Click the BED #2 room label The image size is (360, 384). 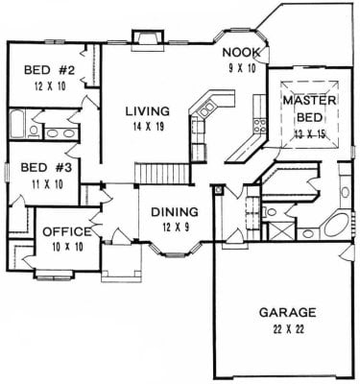click(x=50, y=70)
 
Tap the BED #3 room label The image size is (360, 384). click(x=46, y=167)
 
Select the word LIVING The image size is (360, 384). click(x=147, y=111)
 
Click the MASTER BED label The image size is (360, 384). click(x=309, y=108)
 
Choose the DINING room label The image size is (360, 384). click(x=175, y=212)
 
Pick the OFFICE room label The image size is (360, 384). click(x=67, y=232)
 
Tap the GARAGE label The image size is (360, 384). click(x=288, y=312)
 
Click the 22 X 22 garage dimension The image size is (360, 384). click(x=288, y=329)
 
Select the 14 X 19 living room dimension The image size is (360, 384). click(x=148, y=127)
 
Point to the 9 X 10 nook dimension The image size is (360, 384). click(x=242, y=68)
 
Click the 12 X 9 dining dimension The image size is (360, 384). click(x=176, y=227)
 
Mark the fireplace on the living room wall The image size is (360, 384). click(x=148, y=40)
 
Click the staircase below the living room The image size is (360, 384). click(x=161, y=174)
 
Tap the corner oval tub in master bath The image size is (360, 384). click(x=337, y=227)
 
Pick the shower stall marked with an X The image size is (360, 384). click(x=281, y=230)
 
